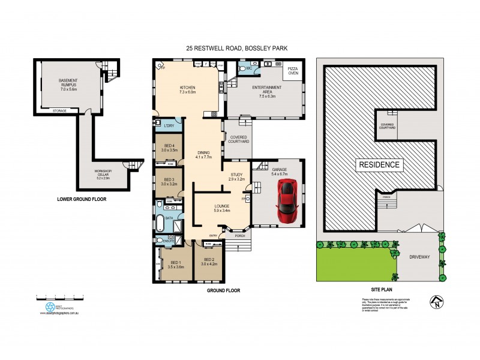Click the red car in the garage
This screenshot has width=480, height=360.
(x=287, y=201)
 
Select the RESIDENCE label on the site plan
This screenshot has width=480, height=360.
(x=379, y=164)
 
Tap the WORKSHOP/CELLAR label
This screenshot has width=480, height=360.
(x=102, y=176)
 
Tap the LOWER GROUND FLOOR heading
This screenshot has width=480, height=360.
(x=82, y=199)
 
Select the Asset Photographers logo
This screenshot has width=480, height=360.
(x=50, y=307)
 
